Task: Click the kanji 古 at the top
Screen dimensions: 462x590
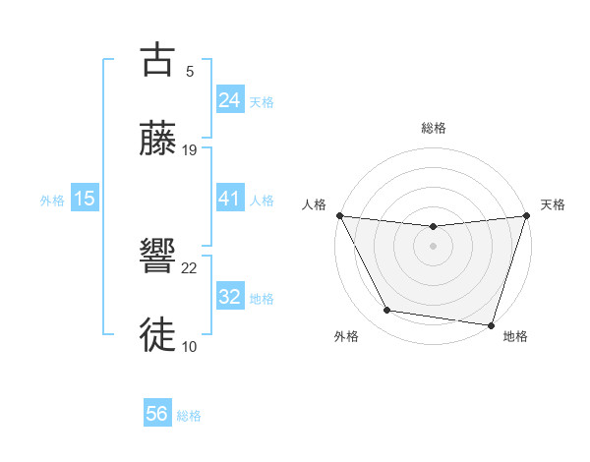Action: point(159,60)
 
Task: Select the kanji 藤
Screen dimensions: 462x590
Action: point(159,139)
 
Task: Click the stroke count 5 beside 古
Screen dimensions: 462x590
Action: point(189,71)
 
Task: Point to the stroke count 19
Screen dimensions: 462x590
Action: point(190,149)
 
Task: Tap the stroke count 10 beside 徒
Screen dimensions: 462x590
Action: point(190,346)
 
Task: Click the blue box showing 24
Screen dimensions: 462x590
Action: point(229,99)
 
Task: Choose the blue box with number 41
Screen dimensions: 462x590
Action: point(229,199)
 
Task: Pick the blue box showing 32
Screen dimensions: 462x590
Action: point(229,297)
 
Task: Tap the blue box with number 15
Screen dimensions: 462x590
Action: point(85,199)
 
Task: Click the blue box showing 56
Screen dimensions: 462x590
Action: point(157,415)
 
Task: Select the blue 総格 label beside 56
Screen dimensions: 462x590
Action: point(189,416)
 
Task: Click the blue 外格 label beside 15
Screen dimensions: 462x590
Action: point(52,200)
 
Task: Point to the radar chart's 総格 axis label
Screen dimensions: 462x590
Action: point(433,128)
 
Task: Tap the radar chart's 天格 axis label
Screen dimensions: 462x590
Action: point(553,204)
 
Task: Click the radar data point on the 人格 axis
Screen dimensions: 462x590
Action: point(339,215)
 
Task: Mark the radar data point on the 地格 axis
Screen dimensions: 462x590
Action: point(491,324)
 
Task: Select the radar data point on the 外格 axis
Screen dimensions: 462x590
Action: point(387,311)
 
